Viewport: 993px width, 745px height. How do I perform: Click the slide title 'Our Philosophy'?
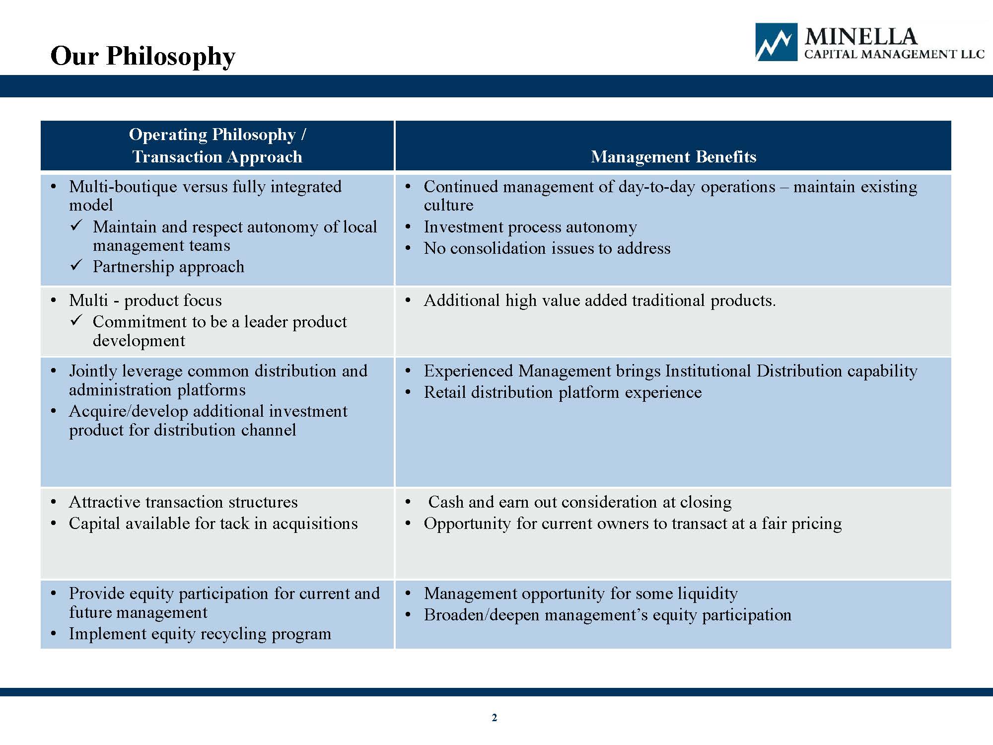143,57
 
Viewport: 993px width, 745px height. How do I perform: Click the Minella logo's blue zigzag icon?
776,42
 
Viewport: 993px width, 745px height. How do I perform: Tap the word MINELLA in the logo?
861,37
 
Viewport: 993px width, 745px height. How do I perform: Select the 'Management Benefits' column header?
673,156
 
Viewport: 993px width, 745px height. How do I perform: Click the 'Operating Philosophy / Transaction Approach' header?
217,146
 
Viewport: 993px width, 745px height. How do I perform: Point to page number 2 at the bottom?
494,717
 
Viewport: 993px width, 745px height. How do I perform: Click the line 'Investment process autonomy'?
530,227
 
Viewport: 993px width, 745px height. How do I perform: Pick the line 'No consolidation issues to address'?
547,248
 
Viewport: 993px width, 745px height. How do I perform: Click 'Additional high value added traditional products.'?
600,300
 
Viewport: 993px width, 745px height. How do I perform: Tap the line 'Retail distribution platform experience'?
563,392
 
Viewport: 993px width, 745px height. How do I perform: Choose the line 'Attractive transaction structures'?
183,502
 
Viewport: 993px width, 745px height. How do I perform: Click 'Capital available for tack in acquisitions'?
213,523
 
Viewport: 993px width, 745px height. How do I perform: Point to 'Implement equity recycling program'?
200,634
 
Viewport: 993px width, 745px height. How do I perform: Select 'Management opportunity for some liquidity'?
581,594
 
